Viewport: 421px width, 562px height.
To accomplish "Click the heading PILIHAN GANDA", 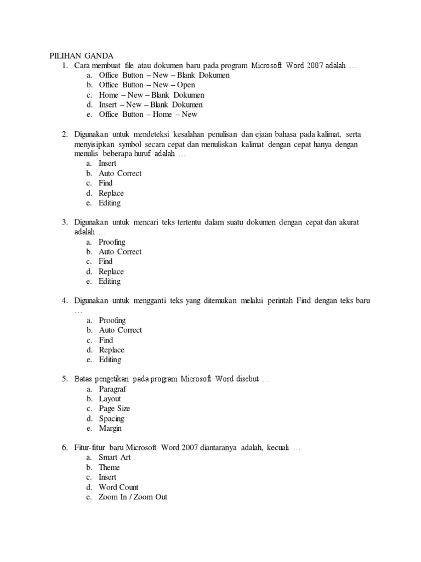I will (x=81, y=56).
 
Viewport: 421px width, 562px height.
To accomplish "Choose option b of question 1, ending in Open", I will (x=147, y=85).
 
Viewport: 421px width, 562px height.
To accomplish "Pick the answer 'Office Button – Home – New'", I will (x=148, y=115).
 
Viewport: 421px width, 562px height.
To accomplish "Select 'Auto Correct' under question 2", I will (x=120, y=173).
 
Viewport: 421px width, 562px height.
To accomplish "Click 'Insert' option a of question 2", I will (x=107, y=164).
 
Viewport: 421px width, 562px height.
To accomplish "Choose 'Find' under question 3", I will (x=106, y=262).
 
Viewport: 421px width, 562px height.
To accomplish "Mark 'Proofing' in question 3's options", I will (x=112, y=242).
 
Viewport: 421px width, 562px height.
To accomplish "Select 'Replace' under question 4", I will (x=111, y=350).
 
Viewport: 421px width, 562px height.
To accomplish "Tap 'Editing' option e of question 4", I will (x=110, y=360).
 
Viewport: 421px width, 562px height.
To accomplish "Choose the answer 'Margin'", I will (x=110, y=429).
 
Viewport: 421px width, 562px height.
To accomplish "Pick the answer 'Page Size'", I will (x=114, y=409).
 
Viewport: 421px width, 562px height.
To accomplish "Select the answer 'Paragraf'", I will (x=112, y=389).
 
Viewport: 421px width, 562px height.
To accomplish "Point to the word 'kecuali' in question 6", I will (x=278, y=448).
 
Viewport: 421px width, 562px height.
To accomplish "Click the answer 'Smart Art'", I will (x=115, y=458).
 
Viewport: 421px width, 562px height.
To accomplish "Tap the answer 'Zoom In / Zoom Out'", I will (x=133, y=497).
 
